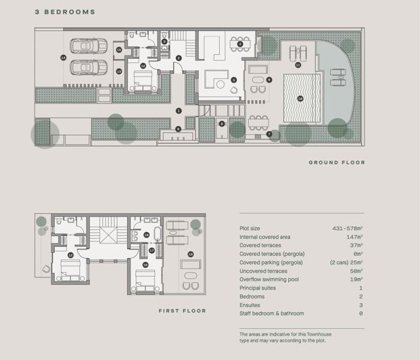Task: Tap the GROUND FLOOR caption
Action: coord(337,162)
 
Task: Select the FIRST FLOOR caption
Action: coord(182,311)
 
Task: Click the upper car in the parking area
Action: coord(89,46)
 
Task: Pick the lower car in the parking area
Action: coord(89,68)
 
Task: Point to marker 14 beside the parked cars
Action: coord(63,58)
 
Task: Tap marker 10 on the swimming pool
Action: coord(300,98)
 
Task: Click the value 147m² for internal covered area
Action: coord(354,237)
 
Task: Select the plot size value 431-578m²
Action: coord(348,228)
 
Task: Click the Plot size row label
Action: coord(250,228)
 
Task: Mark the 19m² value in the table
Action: coord(356,279)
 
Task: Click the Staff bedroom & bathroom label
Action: coord(271,313)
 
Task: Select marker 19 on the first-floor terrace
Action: coord(191,254)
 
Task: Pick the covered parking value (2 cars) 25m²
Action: coord(346,262)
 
